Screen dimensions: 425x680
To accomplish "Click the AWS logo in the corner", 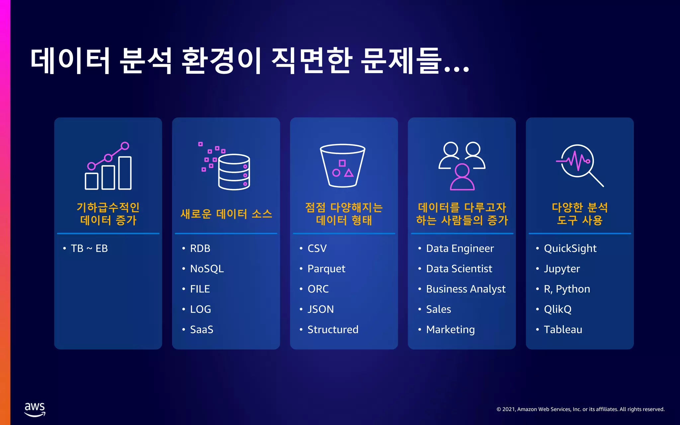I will point(35,409).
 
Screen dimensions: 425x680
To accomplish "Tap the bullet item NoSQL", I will point(207,269).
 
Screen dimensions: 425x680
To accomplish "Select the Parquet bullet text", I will point(326,269).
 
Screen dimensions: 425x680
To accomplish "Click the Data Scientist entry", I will point(459,269).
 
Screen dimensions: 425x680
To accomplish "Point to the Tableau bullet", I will point(563,329).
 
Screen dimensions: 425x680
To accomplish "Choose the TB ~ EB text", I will point(89,248).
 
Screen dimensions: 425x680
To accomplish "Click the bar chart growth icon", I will point(108,166).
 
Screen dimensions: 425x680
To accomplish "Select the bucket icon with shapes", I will point(343,165).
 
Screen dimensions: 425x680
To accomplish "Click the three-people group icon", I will point(462,166).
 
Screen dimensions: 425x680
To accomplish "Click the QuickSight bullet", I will point(570,248).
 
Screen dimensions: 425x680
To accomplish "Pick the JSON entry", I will point(320,309).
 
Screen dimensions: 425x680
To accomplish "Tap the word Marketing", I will point(450,329).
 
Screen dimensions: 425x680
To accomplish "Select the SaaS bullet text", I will point(202,329).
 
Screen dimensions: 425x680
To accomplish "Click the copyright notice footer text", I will point(580,409).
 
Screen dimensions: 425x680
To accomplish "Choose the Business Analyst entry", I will point(466,289).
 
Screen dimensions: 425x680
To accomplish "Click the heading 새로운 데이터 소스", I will point(226,214).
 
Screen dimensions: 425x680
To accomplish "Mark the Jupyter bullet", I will point(562,269).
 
